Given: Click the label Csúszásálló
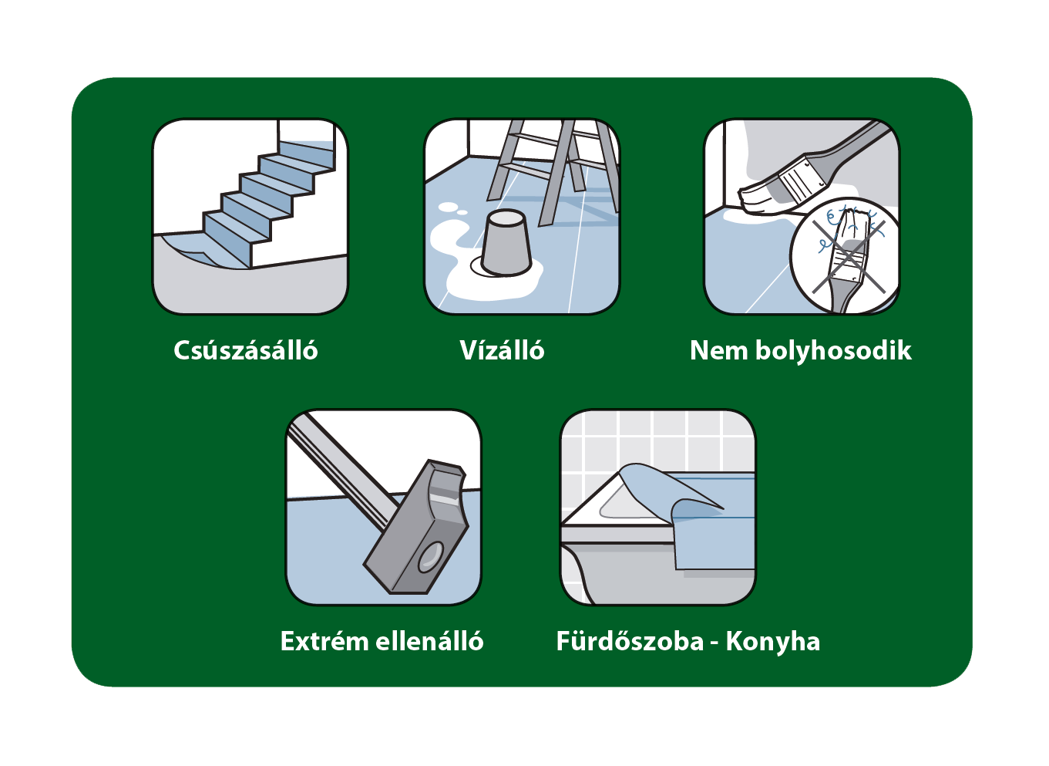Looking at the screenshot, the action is (246, 350).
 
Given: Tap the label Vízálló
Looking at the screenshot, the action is (502, 349).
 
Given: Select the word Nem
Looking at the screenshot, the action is (719, 351).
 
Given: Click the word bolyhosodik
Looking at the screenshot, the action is (834, 351).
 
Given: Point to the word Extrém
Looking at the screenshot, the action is (324, 641).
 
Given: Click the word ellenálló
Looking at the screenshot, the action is (429, 641).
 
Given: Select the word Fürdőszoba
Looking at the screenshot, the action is (630, 641).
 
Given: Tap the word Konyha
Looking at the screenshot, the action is (773, 642).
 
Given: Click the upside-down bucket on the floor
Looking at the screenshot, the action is (506, 243).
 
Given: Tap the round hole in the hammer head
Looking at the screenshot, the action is (431, 557).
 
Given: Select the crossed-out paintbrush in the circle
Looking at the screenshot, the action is (849, 260).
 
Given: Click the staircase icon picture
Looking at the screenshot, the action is (250, 217).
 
